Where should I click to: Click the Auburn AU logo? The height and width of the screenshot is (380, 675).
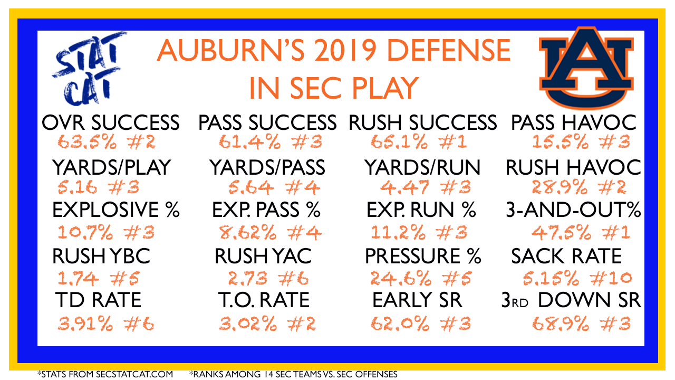586,69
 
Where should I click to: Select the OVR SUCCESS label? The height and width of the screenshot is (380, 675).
111,123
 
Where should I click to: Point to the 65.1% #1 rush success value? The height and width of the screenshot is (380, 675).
419,142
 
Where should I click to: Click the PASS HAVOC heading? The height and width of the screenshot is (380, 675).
574,123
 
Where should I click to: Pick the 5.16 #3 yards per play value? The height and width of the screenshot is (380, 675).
99,187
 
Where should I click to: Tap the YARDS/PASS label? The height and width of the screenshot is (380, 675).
267,167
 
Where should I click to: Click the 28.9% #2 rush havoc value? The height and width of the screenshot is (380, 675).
579,187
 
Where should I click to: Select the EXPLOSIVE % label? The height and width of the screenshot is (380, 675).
116,210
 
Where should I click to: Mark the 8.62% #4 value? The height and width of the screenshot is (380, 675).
271,233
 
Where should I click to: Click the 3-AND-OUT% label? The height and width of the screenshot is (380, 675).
573,210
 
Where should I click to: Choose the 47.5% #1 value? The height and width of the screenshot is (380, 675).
581,233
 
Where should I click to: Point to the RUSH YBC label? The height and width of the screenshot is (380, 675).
101,256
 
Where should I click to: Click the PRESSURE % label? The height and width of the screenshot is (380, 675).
423,256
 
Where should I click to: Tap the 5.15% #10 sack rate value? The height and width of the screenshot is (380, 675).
577,278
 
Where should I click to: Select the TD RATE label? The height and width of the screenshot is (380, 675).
99,300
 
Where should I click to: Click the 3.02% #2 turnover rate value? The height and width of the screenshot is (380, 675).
267,324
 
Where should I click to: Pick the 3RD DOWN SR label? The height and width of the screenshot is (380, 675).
571,300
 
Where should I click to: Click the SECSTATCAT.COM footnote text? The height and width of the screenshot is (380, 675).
134,374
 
